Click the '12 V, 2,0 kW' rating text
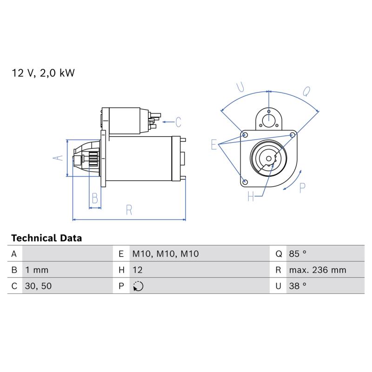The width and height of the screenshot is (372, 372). point(43,73)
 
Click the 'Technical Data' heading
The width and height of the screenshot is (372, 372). point(46,238)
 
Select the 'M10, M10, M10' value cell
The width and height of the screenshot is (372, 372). point(166,254)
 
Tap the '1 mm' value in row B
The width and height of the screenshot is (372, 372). point(37,270)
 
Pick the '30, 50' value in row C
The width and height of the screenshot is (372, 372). point(38,286)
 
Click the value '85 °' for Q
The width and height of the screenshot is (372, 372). point(298,253)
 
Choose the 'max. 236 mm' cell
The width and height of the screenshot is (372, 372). point(318,270)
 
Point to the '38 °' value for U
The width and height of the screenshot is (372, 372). point(298,286)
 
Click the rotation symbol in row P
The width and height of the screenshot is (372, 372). point(138,286)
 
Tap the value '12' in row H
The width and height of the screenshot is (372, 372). point(138,270)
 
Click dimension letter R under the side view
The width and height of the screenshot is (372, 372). point(129,210)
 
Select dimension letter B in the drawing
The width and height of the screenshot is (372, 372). point(95,198)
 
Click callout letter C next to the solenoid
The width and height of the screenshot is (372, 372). point(178,122)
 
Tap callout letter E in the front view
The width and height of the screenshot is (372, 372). point(214,145)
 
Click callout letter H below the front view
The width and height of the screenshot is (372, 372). point(251,196)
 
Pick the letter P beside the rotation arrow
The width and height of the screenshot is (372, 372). point(302,188)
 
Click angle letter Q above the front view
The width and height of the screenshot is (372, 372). point(306,91)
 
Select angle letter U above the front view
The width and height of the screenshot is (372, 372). point(240,87)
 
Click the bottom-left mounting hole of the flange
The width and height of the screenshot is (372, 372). point(246,182)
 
